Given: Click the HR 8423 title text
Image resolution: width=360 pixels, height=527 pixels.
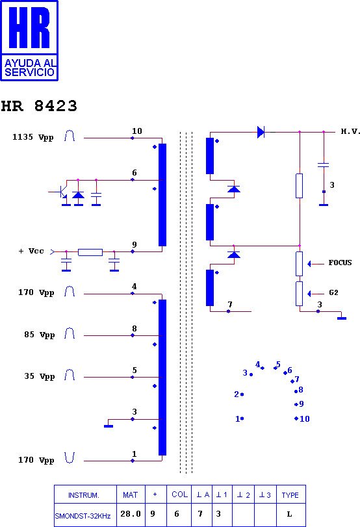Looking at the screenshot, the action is click(x=39, y=106).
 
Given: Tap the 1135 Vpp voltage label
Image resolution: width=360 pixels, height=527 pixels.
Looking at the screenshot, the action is click(x=33, y=138).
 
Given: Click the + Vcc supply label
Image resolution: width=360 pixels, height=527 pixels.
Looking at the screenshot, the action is click(x=31, y=251).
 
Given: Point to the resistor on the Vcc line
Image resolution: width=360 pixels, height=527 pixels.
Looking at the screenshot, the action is click(x=90, y=252).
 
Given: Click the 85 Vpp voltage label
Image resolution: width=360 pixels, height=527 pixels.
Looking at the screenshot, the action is click(x=40, y=335).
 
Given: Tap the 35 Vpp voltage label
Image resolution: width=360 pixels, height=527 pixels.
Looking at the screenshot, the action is click(x=40, y=376).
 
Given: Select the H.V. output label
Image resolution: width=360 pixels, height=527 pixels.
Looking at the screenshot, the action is click(x=350, y=131).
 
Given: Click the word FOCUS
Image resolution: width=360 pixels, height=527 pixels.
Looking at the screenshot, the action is click(x=340, y=263).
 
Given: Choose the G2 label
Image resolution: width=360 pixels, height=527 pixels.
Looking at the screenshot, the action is click(x=333, y=292).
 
